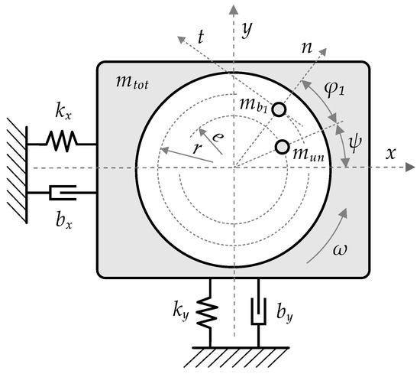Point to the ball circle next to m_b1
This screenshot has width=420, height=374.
click(280, 110)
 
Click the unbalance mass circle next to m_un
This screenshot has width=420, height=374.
click(283, 146)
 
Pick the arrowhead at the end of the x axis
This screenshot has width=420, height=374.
click(411, 167)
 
